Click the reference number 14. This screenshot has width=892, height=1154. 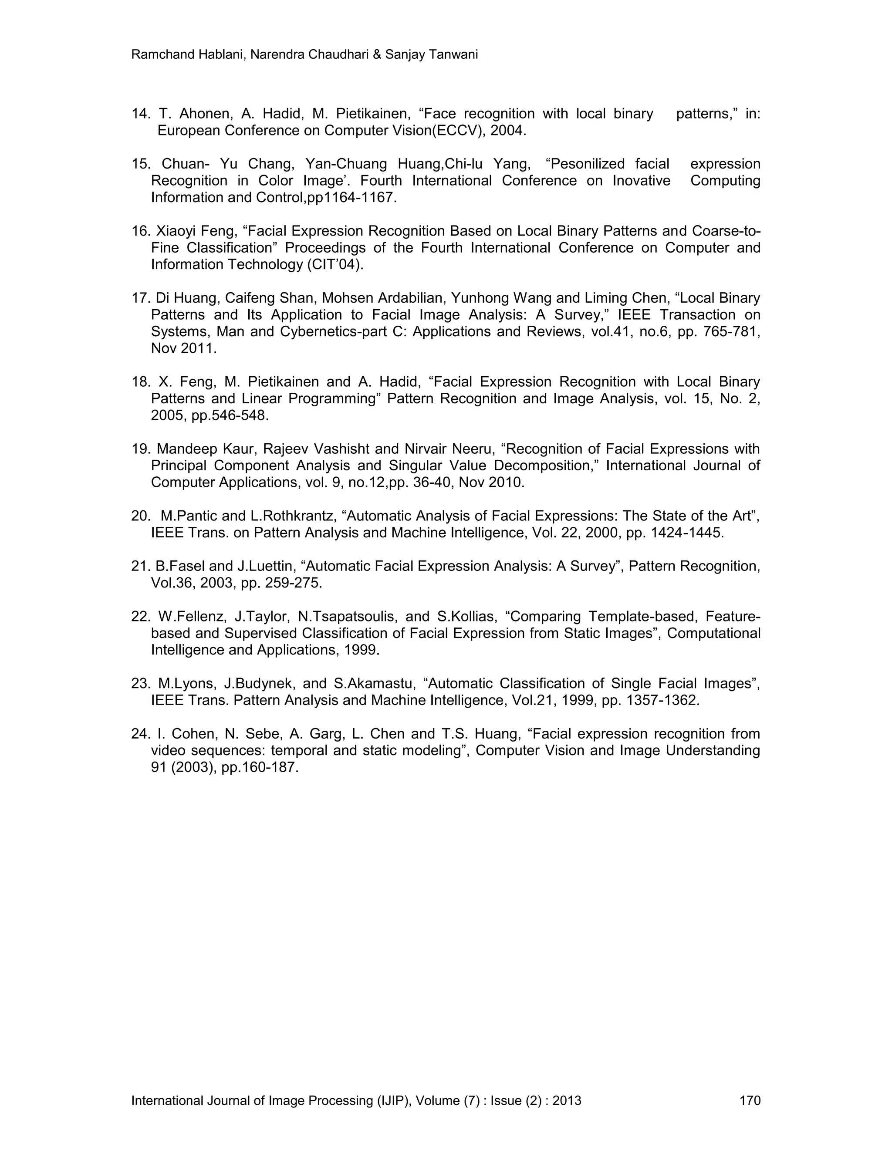click(x=141, y=114)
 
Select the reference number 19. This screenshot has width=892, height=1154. click(x=141, y=449)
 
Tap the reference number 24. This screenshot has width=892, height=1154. click(x=141, y=733)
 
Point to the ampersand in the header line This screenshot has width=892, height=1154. click(x=377, y=54)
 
